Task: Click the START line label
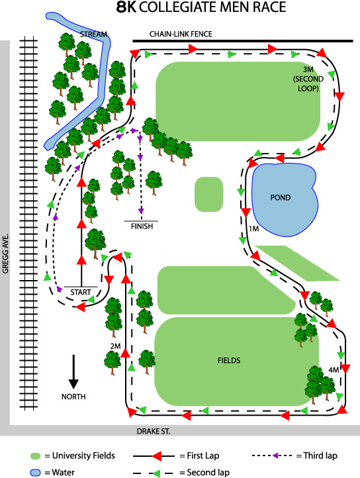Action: point(81,293)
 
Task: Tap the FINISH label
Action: point(142,226)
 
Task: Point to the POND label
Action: point(281,197)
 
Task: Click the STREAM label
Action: point(93,34)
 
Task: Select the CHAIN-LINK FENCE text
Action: point(181,34)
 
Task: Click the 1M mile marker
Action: point(253,228)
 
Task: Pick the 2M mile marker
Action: point(116,346)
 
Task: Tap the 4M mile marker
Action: point(334,370)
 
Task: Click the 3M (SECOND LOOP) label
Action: point(308,79)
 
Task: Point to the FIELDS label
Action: point(229,361)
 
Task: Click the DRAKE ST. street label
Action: point(154,432)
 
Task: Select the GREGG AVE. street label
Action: point(5,254)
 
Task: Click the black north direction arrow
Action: point(73,371)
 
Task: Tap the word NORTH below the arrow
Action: point(73,397)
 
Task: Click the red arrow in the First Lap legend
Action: point(157,456)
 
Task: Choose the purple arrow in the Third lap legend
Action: point(275,455)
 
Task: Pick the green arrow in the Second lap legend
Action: point(156,473)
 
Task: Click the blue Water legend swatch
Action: point(35,473)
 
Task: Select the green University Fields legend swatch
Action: point(35,456)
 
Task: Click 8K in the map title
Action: point(126,7)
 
